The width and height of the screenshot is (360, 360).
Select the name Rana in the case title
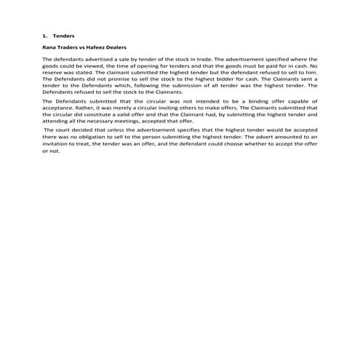pos(49,47)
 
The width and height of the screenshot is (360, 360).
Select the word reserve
pos(55,72)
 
